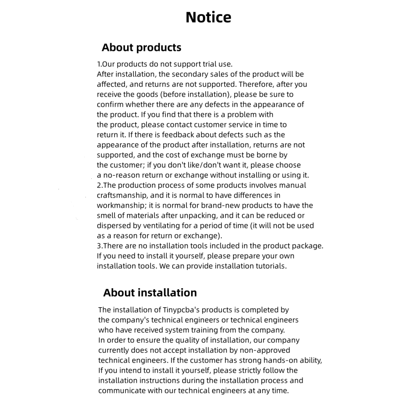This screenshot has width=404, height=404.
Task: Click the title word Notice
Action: click(x=208, y=17)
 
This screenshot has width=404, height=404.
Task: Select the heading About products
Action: click(x=141, y=48)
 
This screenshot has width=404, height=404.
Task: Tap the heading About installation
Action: click(x=150, y=292)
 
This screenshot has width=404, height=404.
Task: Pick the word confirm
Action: click(x=110, y=104)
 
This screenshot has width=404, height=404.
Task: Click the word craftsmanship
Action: click(x=122, y=195)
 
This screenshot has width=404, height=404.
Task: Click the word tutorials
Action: click(x=271, y=266)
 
